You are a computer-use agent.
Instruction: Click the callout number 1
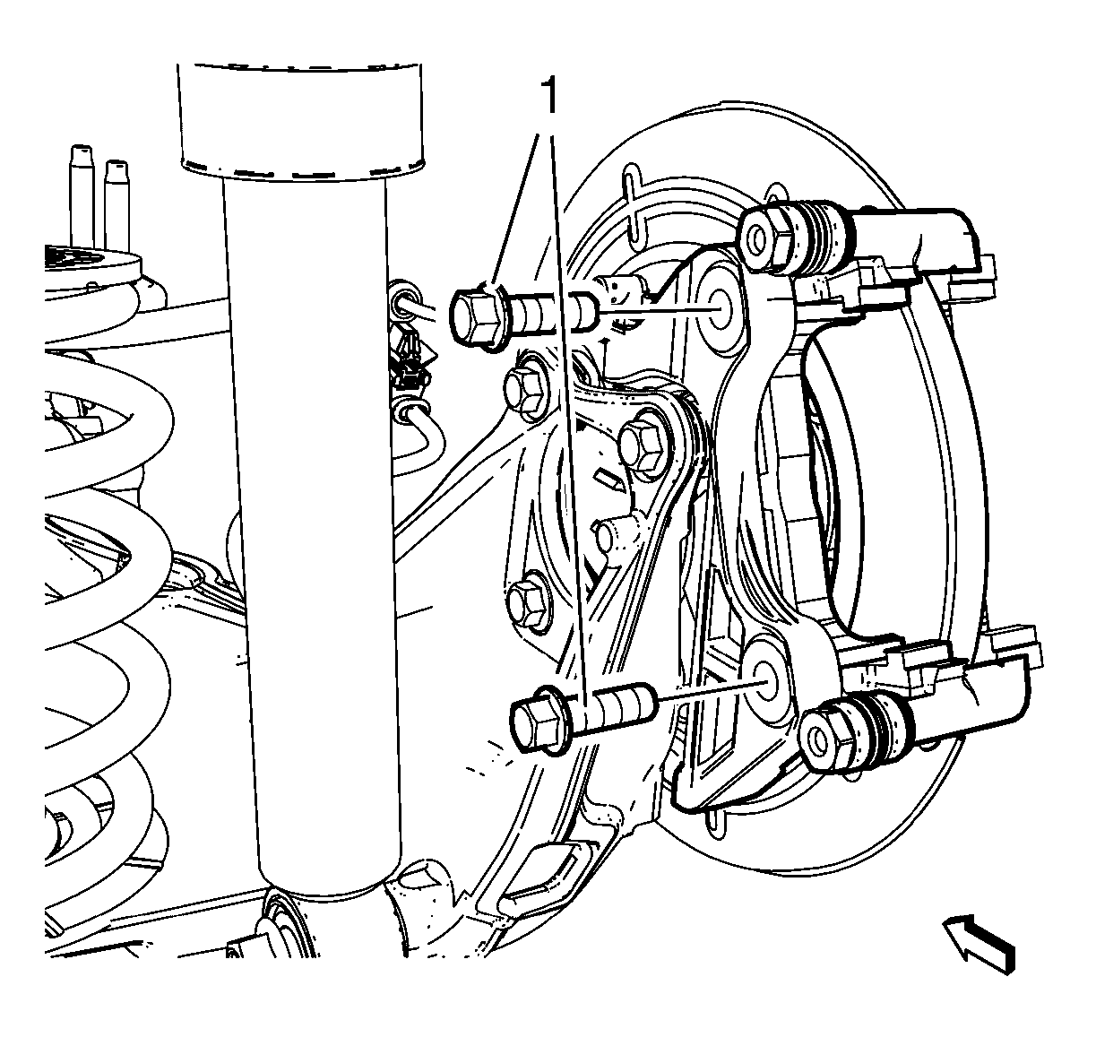(549, 95)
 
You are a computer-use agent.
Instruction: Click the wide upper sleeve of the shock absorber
(300, 121)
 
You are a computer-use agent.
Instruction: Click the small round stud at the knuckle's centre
(612, 533)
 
